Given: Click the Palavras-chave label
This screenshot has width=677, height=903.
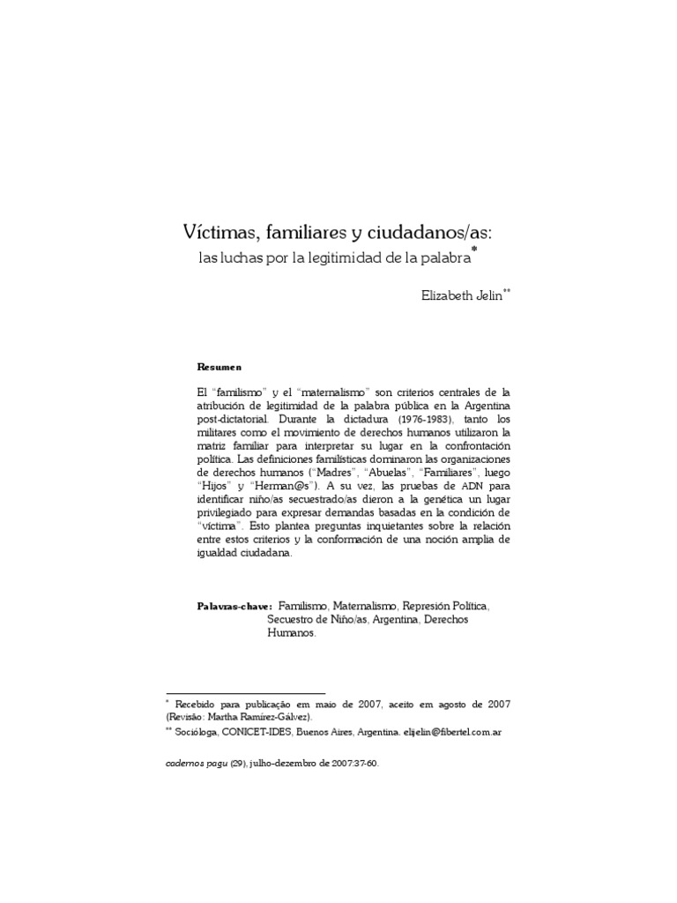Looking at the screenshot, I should coord(234,607).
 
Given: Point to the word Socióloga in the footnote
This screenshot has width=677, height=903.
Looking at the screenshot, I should coord(193,732).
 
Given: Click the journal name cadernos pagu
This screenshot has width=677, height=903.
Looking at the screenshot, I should coord(196,764).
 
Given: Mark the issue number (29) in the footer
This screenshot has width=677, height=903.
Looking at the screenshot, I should coord(237,764).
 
